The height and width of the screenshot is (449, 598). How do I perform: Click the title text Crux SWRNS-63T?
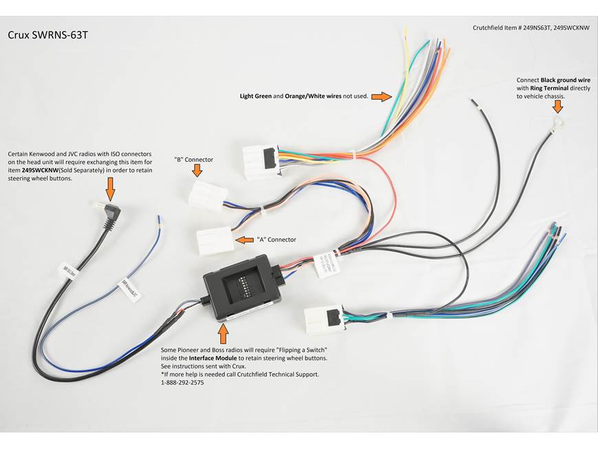(48, 35)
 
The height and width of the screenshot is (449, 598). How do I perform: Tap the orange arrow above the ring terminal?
(557, 106)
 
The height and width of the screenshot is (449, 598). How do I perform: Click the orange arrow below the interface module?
(222, 333)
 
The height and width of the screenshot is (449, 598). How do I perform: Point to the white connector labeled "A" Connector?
(216, 241)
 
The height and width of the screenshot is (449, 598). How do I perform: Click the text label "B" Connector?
(193, 159)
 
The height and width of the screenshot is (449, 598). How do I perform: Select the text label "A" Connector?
(277, 240)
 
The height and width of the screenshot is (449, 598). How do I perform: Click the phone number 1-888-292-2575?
(182, 382)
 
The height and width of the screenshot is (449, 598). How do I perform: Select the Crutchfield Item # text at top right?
(531, 28)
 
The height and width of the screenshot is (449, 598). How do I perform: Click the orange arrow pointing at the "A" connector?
(244, 240)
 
